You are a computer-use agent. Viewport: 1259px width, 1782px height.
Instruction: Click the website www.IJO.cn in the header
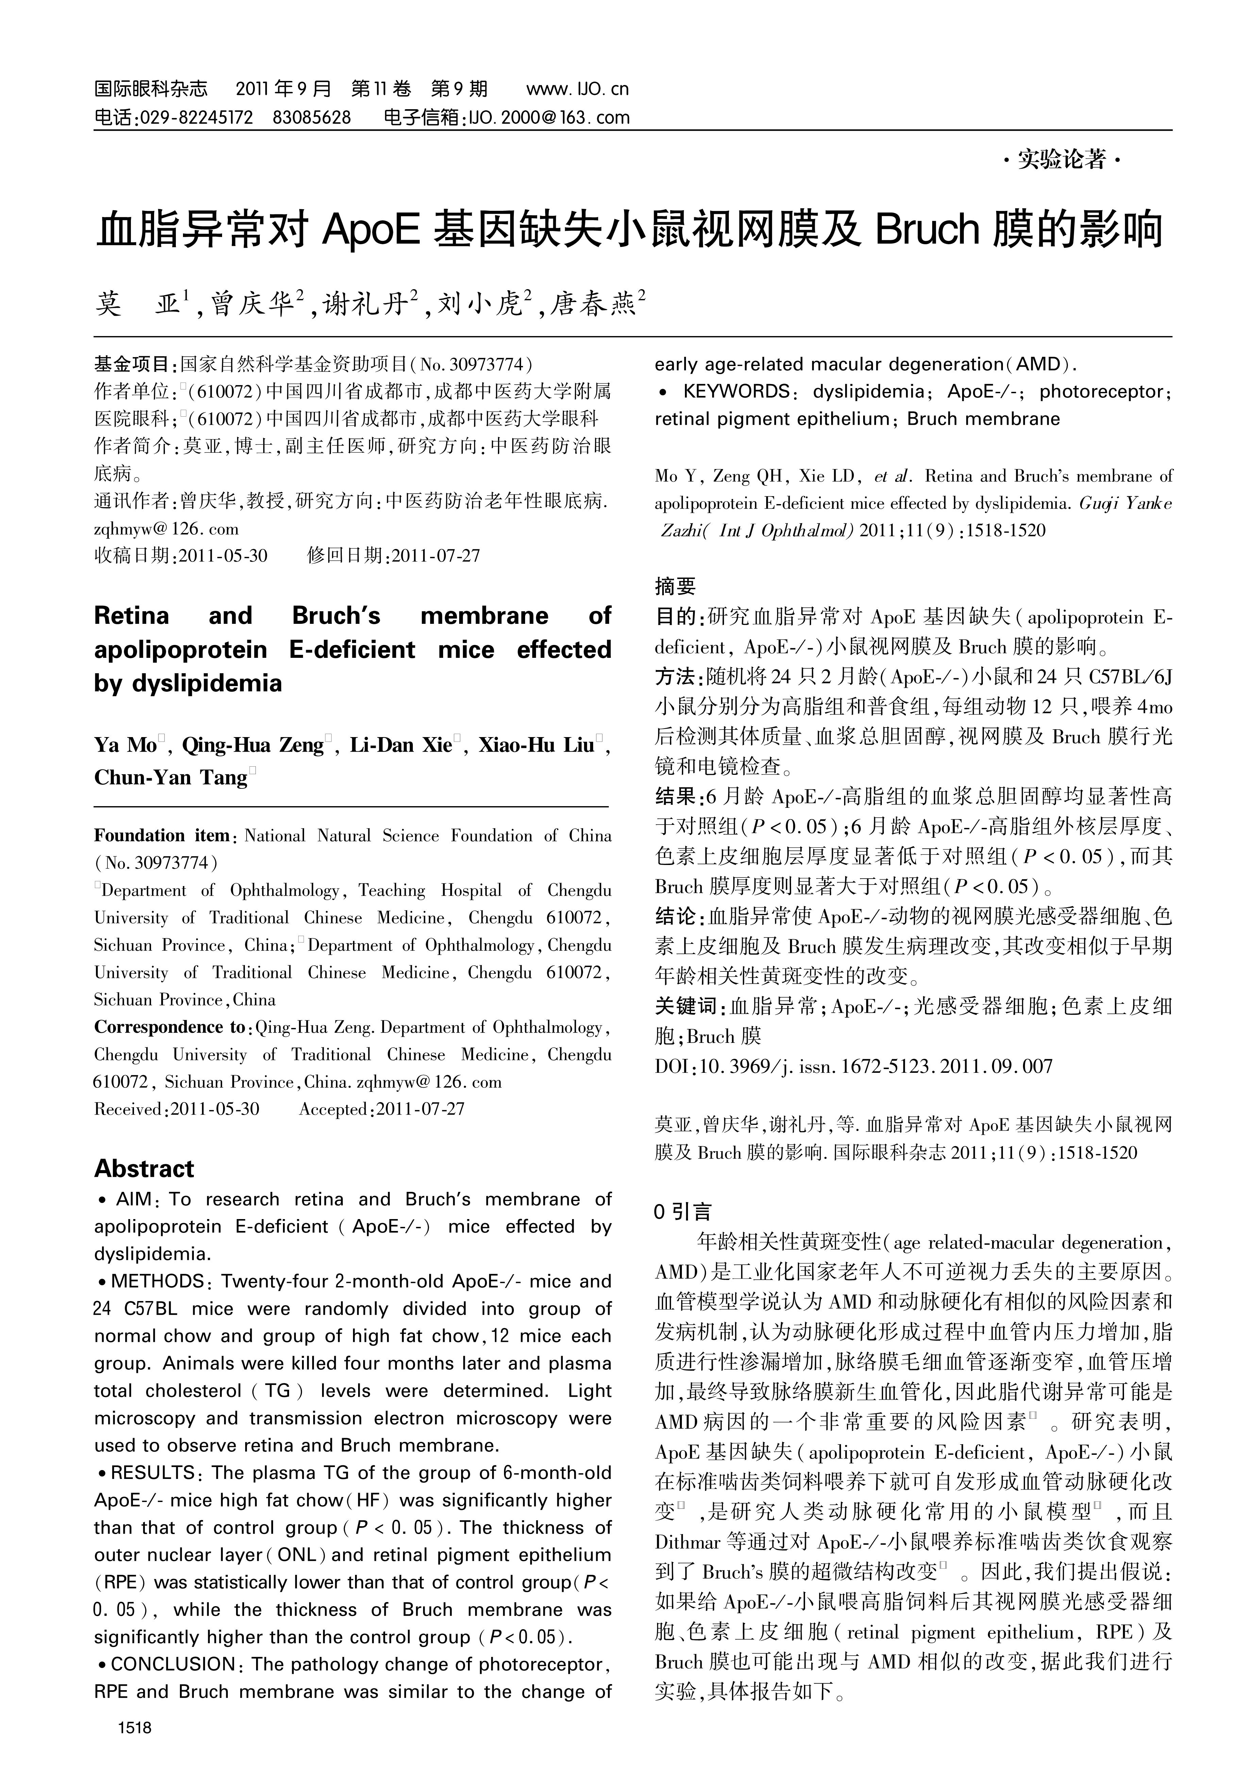tap(577, 89)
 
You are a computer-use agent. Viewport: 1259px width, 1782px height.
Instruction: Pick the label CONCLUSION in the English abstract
tap(173, 1664)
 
